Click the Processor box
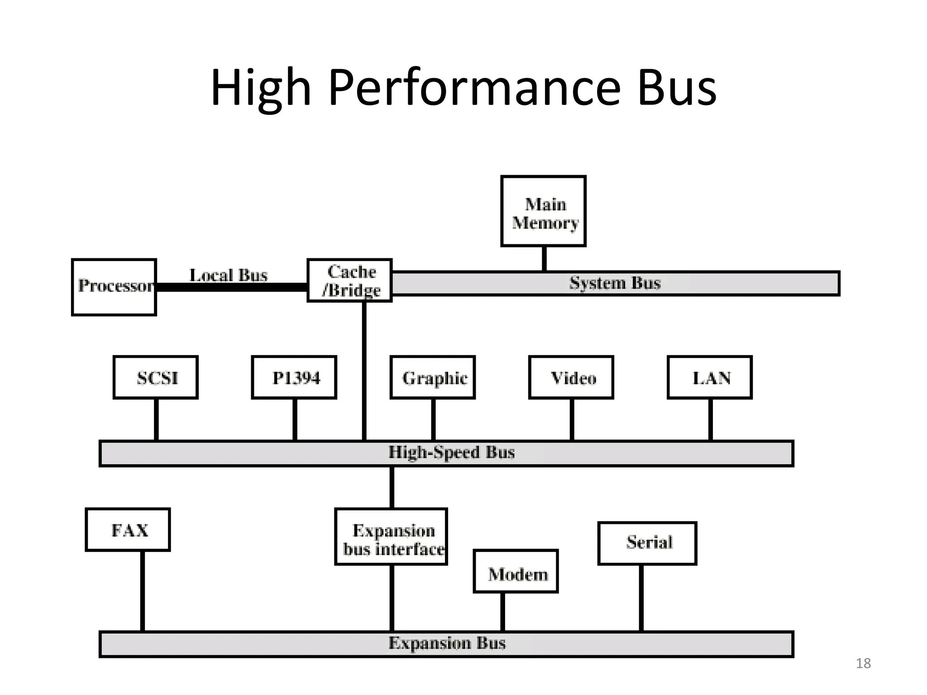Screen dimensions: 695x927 point(114,287)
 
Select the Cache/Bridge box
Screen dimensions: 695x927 point(349,281)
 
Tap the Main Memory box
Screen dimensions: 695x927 point(543,211)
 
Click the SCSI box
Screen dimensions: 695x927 point(156,377)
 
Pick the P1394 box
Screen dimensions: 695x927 point(294,377)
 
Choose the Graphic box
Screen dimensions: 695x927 point(433,377)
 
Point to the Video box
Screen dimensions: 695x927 point(571,377)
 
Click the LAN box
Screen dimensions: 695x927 point(710,377)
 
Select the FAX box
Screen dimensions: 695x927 point(128,529)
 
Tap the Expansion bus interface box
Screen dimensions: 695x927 point(391,537)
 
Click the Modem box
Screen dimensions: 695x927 point(516,571)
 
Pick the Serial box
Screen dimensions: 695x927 point(647,543)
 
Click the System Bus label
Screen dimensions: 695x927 point(615,283)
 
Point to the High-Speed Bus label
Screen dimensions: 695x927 point(451,452)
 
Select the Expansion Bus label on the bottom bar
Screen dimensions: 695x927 point(447,643)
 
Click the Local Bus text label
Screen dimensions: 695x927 point(228,275)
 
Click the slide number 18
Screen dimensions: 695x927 point(863,663)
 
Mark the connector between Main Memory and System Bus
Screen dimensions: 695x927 point(544,258)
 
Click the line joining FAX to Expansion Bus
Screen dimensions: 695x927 point(142,590)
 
